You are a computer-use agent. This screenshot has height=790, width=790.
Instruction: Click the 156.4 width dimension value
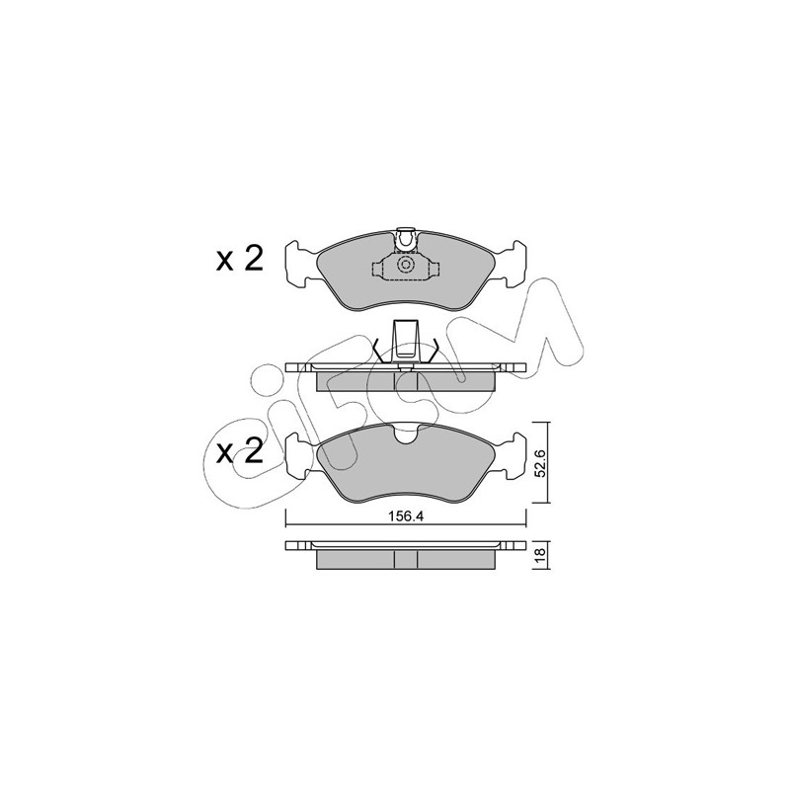405,516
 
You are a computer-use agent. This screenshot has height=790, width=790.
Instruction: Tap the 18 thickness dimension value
540,555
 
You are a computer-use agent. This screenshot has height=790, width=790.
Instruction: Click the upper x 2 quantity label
240,260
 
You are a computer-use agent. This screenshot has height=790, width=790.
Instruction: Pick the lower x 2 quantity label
240,451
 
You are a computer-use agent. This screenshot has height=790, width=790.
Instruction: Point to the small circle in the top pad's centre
406,264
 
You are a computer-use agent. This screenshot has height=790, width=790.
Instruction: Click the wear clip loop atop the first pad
406,240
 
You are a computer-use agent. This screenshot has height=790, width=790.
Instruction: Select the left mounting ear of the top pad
301,265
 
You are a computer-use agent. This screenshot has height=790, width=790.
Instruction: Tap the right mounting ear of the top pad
510,265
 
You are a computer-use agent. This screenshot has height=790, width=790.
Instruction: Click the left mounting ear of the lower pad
301,456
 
